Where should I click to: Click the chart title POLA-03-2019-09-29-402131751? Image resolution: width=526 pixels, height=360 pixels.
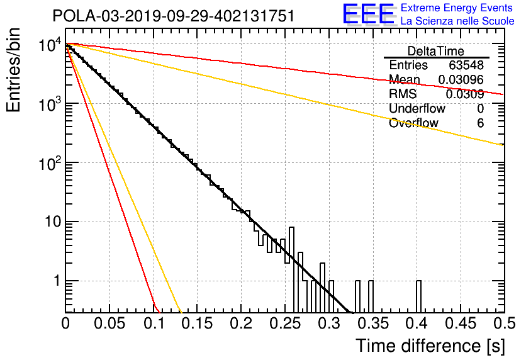click(174, 16)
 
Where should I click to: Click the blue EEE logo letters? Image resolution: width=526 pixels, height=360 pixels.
click(369, 14)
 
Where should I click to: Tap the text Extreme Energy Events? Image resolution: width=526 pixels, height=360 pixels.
click(457, 8)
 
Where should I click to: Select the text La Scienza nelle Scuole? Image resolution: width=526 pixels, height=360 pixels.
click(457, 21)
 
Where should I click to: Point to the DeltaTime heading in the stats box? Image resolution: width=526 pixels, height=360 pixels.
click(436, 52)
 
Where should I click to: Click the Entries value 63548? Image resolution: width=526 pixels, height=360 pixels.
click(466, 65)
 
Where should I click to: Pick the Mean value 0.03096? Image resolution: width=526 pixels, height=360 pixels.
click(461, 79)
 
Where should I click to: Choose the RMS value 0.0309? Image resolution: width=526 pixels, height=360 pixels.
click(464, 94)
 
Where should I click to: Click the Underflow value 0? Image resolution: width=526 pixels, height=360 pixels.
click(480, 109)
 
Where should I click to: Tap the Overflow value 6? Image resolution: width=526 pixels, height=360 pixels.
click(480, 123)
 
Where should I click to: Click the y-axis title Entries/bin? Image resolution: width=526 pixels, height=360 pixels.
click(13, 70)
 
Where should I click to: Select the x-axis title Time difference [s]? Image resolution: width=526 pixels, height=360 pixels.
click(430, 346)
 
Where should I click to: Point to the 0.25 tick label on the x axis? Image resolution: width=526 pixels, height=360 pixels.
click(285, 323)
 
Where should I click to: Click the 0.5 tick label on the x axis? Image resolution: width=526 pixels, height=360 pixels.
click(504, 323)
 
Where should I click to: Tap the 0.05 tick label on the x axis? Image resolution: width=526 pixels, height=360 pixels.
click(109, 323)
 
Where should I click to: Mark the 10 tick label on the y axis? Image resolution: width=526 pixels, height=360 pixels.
click(53, 222)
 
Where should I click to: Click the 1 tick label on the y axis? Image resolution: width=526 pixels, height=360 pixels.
click(57, 281)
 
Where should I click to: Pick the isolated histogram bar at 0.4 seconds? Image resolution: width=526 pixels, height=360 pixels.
click(418, 296)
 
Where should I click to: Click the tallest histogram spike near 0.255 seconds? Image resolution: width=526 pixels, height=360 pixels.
click(291, 270)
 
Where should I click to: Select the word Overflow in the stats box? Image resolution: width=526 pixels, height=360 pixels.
click(413, 123)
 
